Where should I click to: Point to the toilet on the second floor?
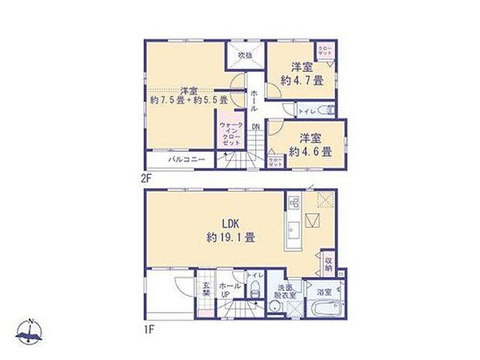click(329, 110)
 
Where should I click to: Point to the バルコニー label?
click(187, 161)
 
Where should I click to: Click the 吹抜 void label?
click(245, 56)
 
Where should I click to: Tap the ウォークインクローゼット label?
click(230, 133)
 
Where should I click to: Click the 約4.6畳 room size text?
click(310, 152)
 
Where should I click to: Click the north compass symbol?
click(30, 332)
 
